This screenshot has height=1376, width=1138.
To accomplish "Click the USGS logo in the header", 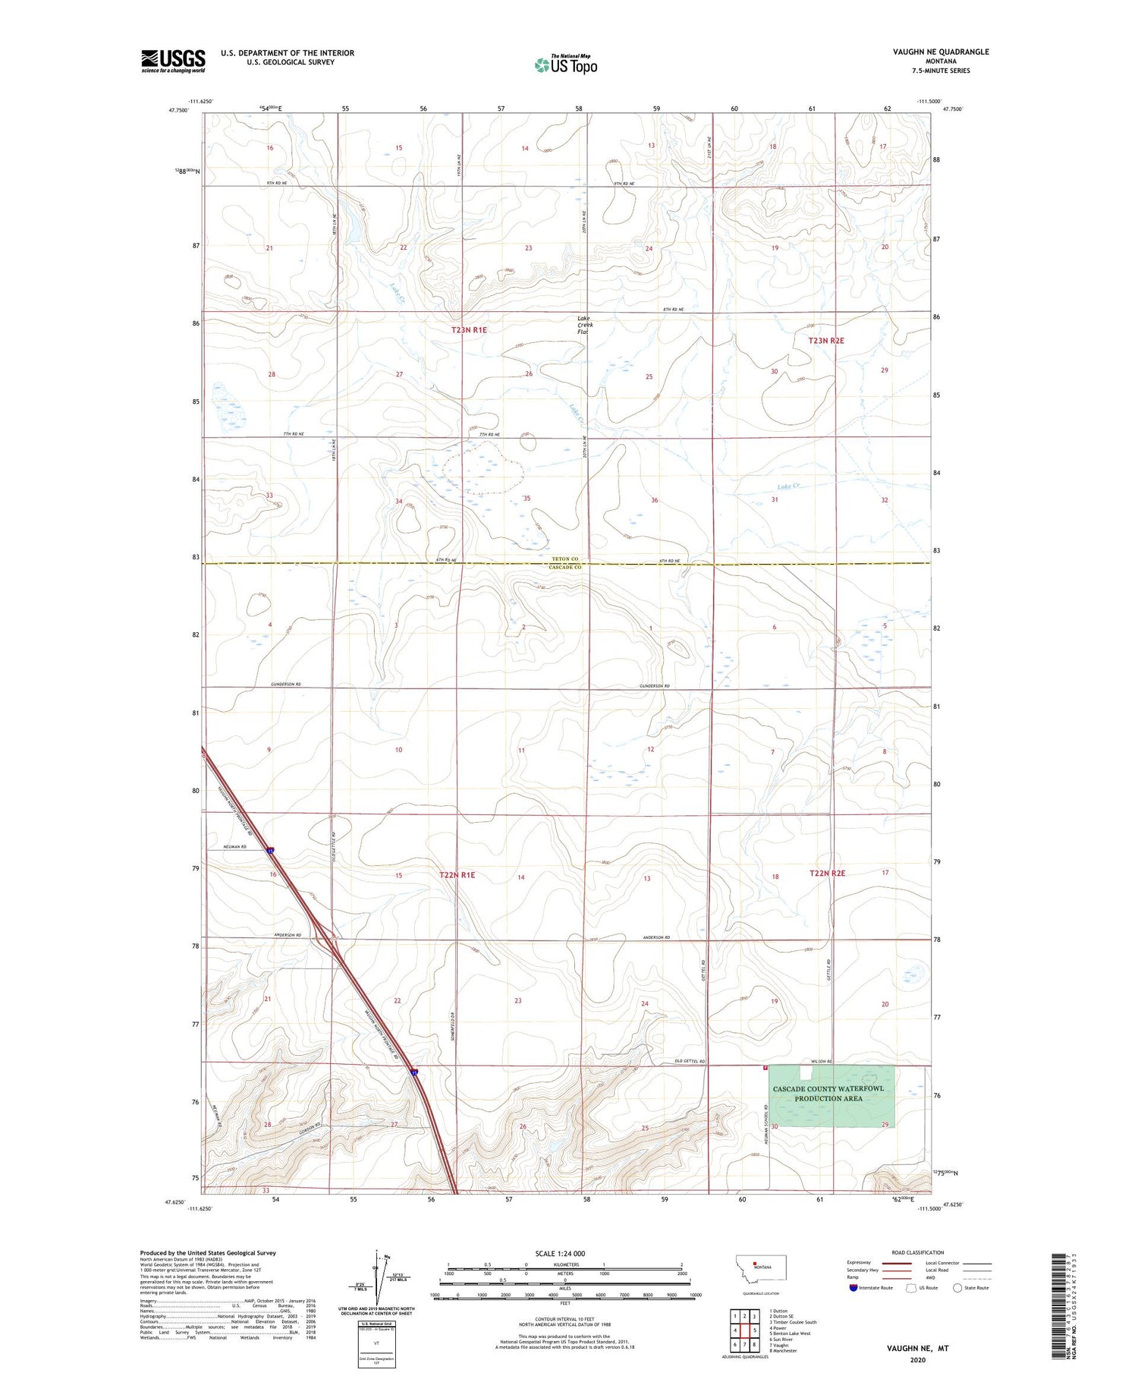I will (x=173, y=61).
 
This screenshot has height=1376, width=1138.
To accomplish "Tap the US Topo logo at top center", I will (x=566, y=65).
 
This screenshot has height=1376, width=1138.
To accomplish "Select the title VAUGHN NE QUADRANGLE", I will (x=941, y=52).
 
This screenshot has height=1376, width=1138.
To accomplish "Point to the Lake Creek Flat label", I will (x=584, y=325).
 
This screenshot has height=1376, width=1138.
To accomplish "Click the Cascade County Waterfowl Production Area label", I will (x=828, y=1094).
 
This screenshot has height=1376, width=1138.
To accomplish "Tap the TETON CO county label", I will (x=564, y=559).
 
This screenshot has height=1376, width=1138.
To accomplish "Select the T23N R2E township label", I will (x=826, y=341).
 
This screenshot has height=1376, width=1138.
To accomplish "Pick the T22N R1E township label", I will (x=457, y=875).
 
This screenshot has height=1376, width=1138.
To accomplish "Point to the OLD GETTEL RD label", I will (x=690, y=1062).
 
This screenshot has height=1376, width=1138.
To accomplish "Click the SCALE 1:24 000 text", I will (x=564, y=1253).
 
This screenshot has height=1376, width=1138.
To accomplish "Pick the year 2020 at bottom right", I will (x=917, y=1359).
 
